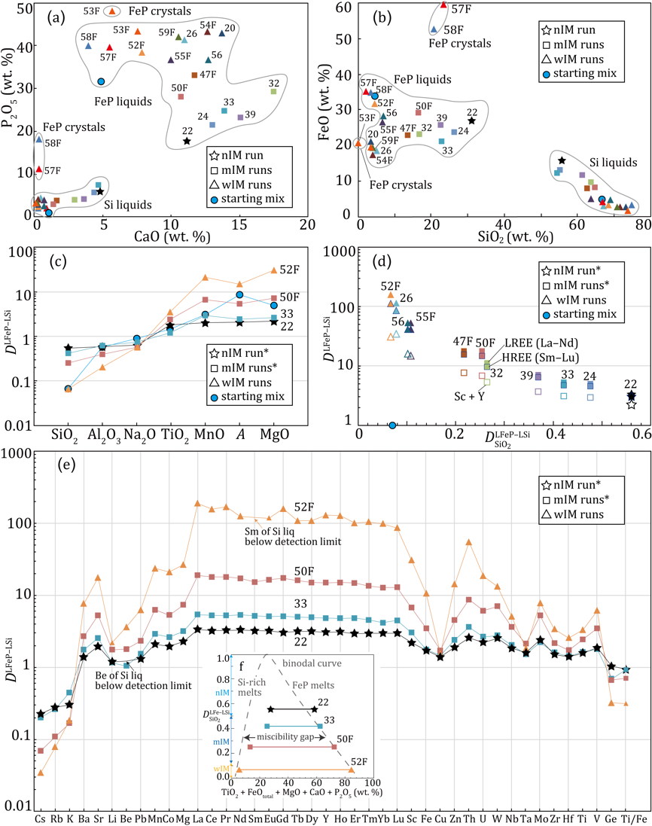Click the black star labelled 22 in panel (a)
(187, 141)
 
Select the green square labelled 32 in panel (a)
(273, 92)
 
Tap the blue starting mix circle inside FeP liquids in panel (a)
(101, 81)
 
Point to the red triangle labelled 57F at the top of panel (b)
(443, 5)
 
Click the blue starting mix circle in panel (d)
(392, 425)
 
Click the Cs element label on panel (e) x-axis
(41, 817)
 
